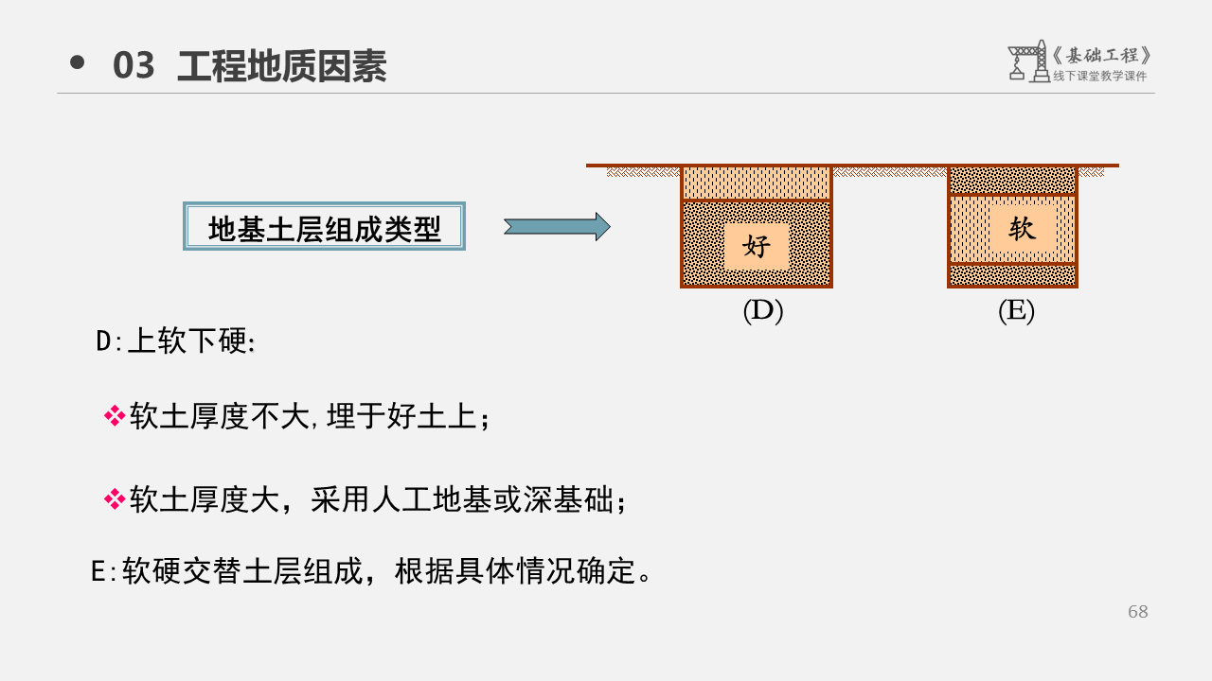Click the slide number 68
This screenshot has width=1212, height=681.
click(x=1137, y=612)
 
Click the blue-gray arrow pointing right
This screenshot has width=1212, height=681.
click(x=557, y=226)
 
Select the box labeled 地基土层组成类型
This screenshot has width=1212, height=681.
click(x=324, y=226)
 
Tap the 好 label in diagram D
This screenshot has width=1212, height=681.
click(x=757, y=247)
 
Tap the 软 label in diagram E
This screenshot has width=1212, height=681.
click(x=1022, y=228)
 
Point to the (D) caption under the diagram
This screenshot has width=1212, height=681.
click(x=762, y=311)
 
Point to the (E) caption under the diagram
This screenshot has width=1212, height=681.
click(x=1016, y=311)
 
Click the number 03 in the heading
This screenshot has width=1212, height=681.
click(x=134, y=66)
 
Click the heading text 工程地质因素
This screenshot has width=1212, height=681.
click(x=281, y=66)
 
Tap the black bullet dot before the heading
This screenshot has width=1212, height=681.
click(x=78, y=62)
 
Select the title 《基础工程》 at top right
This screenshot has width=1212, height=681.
click(x=1102, y=55)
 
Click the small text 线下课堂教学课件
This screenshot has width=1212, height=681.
click(x=1099, y=77)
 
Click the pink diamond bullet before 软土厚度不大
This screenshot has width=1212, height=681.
click(x=115, y=415)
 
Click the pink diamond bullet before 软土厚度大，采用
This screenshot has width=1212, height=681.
click(x=115, y=498)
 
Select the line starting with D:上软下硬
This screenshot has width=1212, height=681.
click(x=176, y=341)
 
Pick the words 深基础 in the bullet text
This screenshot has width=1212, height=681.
click(x=568, y=499)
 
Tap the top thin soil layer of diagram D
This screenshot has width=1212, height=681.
click(x=756, y=183)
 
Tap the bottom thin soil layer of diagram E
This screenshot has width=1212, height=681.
click(x=1012, y=275)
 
